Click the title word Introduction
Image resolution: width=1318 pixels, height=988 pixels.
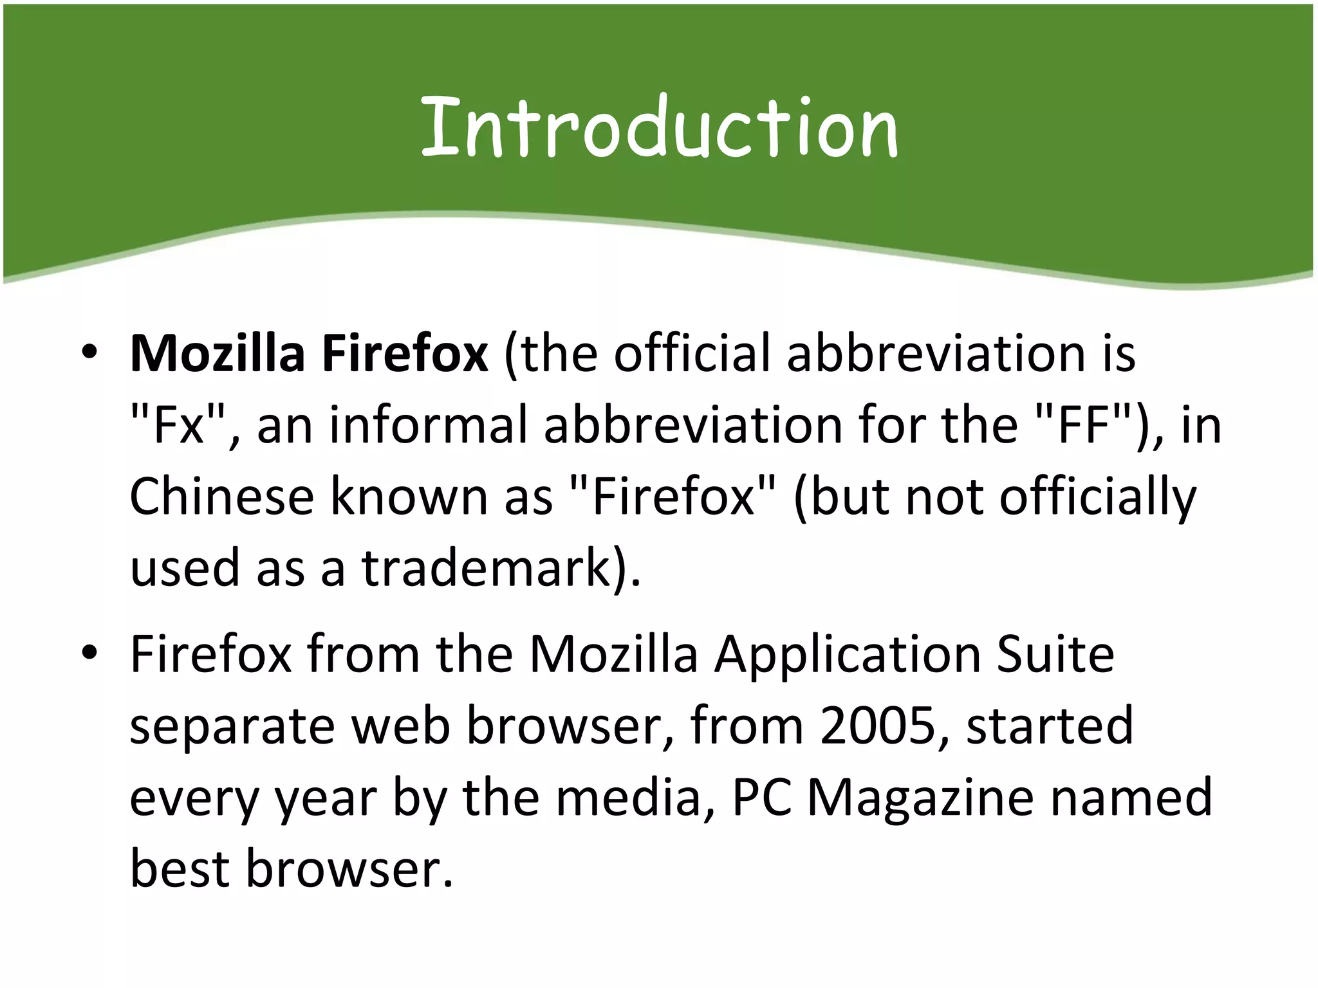point(659,126)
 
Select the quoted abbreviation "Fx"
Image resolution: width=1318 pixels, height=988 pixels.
point(176,425)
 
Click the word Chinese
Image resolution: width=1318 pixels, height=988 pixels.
point(221,497)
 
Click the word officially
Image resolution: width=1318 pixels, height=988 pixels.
point(1097,499)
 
